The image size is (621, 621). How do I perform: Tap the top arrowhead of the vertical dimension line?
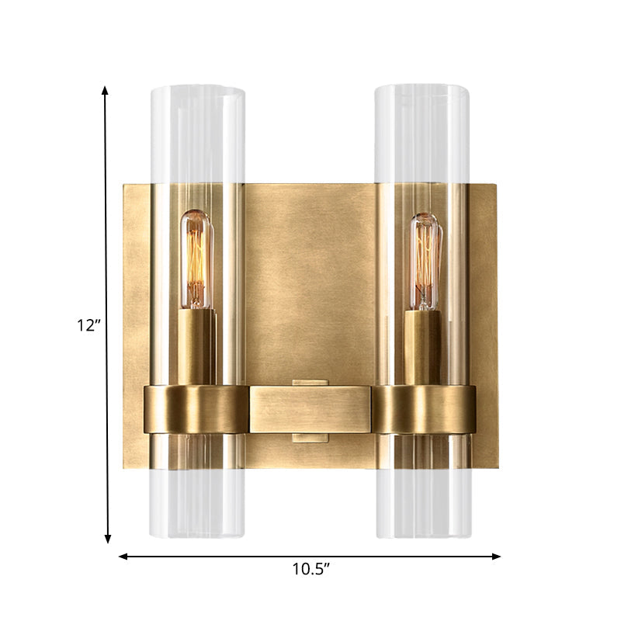click(106, 91)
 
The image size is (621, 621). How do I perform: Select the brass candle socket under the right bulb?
click(425, 345)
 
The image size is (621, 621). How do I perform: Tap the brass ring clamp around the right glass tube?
click(423, 409)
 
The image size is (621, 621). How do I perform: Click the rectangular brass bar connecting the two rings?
click(310, 410)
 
